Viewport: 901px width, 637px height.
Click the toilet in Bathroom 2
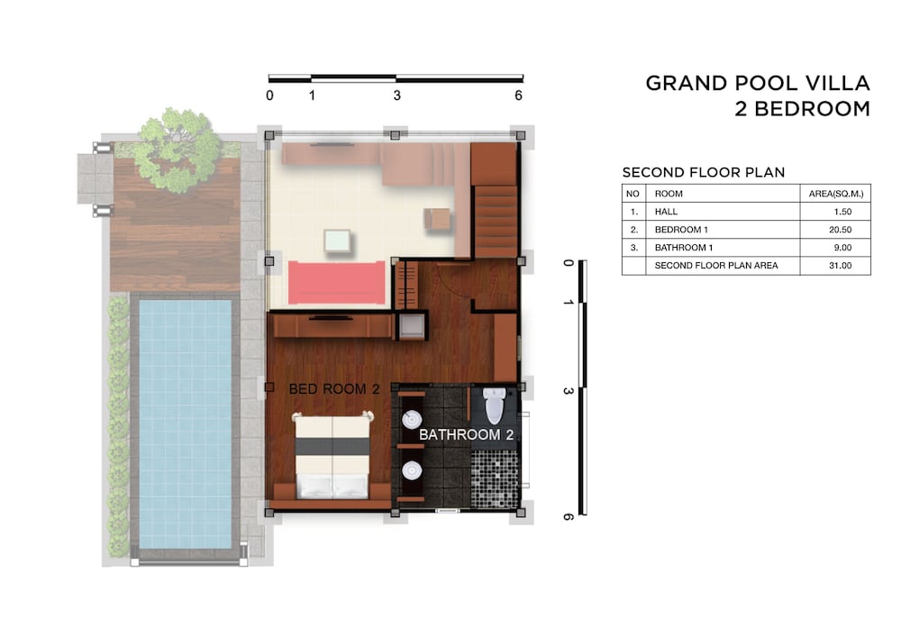(495, 405)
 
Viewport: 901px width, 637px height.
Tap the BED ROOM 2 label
(334, 389)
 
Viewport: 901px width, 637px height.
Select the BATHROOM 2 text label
(466, 435)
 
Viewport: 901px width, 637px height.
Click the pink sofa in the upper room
(337, 282)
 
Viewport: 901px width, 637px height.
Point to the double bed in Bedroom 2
(332, 456)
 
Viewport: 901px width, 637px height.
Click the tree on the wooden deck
(178, 150)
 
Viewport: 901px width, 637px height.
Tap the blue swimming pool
(186, 423)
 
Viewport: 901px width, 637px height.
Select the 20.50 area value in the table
(840, 230)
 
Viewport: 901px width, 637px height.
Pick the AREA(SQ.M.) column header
(836, 194)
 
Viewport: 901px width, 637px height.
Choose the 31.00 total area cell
(840, 266)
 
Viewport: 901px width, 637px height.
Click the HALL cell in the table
(666, 212)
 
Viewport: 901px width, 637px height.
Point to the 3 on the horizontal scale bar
(396, 96)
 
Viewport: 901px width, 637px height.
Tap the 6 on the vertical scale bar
(568, 517)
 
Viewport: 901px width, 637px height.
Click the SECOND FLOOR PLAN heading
(704, 172)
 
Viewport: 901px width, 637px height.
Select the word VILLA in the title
(838, 83)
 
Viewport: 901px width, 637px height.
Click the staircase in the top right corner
(494, 200)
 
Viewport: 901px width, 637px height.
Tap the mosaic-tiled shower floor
(494, 479)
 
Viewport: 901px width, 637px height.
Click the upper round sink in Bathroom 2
(412, 419)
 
